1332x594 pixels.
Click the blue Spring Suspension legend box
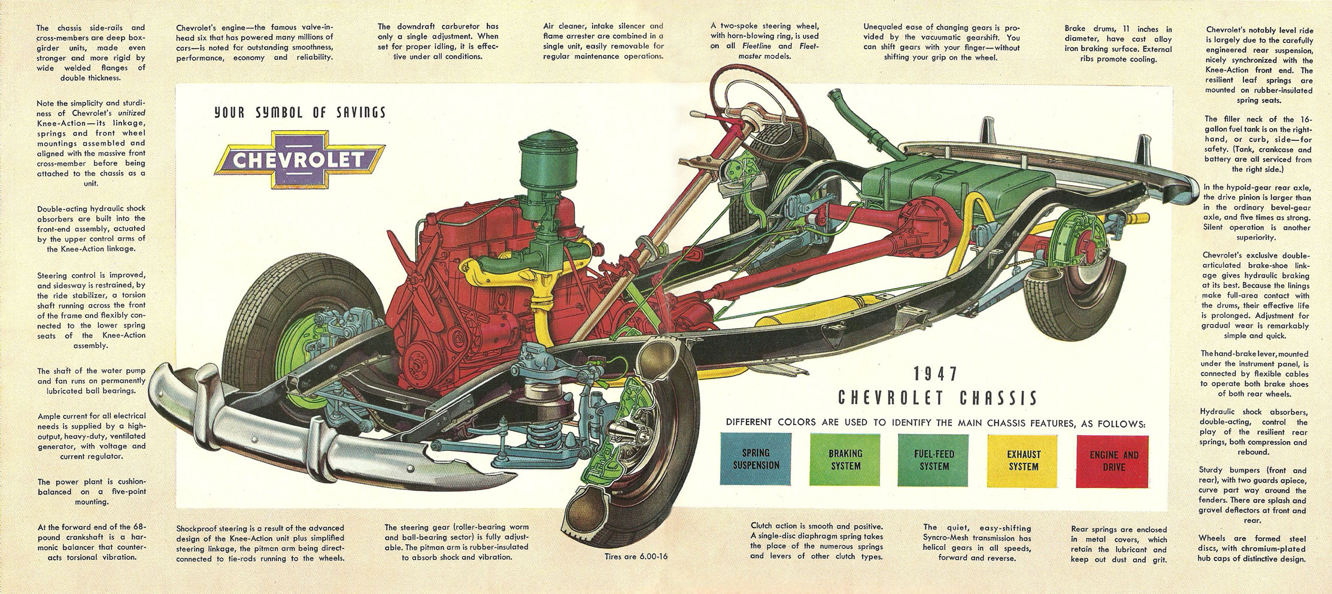click(x=755, y=460)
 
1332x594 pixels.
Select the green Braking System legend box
click(x=845, y=460)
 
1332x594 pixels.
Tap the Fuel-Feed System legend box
click(x=934, y=460)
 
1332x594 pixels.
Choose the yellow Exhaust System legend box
click(x=1023, y=460)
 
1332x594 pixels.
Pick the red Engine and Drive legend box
click(x=1113, y=460)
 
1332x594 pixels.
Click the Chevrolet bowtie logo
click(x=298, y=159)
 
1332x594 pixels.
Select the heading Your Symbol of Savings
click(x=299, y=112)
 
